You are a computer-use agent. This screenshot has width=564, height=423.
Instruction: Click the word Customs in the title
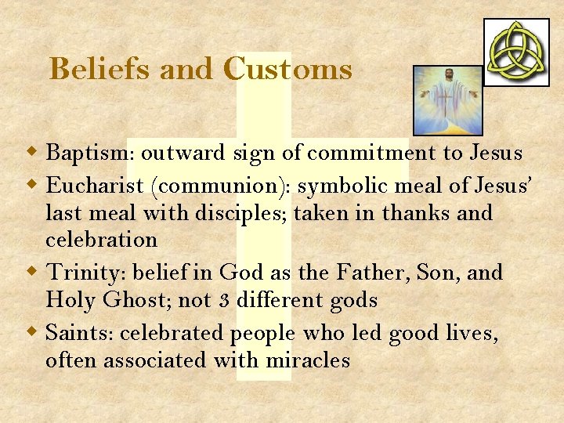287,70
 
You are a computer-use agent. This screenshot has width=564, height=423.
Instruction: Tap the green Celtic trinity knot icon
516,52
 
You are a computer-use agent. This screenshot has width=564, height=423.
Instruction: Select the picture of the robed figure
447,99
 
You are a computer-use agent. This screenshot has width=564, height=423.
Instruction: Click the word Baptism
89,153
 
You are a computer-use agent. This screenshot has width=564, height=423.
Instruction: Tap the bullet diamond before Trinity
35,272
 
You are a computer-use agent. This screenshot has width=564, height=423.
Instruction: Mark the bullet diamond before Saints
35,331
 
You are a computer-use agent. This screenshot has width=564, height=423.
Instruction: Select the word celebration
101,239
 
